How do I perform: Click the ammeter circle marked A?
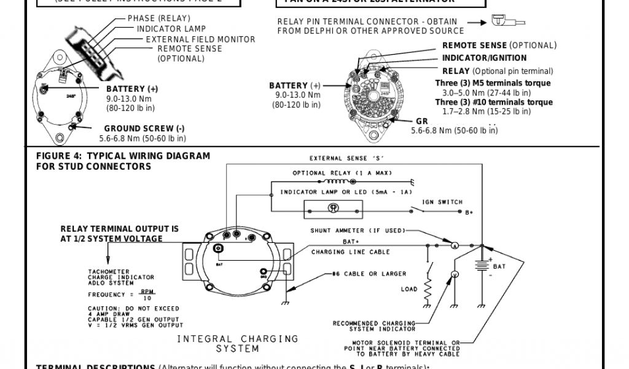click(455, 245)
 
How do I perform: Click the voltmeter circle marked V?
click(455, 274)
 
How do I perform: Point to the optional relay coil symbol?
click(335, 182)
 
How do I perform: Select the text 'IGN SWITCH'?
click(442, 202)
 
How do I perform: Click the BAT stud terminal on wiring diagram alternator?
click(219, 248)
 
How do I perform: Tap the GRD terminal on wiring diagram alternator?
click(265, 272)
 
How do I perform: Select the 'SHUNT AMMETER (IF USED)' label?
click(357, 231)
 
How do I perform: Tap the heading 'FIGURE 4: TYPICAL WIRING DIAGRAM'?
click(123, 156)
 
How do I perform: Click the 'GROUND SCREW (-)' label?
click(144, 129)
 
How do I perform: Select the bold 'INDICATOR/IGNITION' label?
click(484, 58)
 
